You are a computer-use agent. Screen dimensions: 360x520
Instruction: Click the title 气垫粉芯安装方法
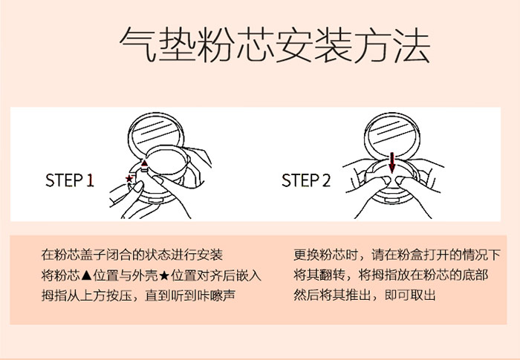click(x=274, y=47)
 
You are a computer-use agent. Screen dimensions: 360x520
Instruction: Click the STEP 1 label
click(x=70, y=180)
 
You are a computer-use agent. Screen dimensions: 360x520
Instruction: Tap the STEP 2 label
click(x=305, y=180)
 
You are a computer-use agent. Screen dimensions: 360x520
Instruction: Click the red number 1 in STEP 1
click(x=90, y=180)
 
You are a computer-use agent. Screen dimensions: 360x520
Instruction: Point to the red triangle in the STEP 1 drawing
click(x=145, y=163)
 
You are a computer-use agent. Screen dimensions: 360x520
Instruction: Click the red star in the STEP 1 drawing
click(x=129, y=180)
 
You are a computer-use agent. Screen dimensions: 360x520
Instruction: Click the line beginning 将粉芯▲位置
click(x=152, y=275)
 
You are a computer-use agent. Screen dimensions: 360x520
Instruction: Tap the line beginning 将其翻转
click(x=391, y=275)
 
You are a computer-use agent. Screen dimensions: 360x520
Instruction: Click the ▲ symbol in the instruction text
click(x=85, y=275)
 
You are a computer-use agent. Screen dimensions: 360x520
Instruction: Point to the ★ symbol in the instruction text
click(x=166, y=275)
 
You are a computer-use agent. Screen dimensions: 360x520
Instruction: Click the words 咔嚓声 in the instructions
click(x=222, y=295)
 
